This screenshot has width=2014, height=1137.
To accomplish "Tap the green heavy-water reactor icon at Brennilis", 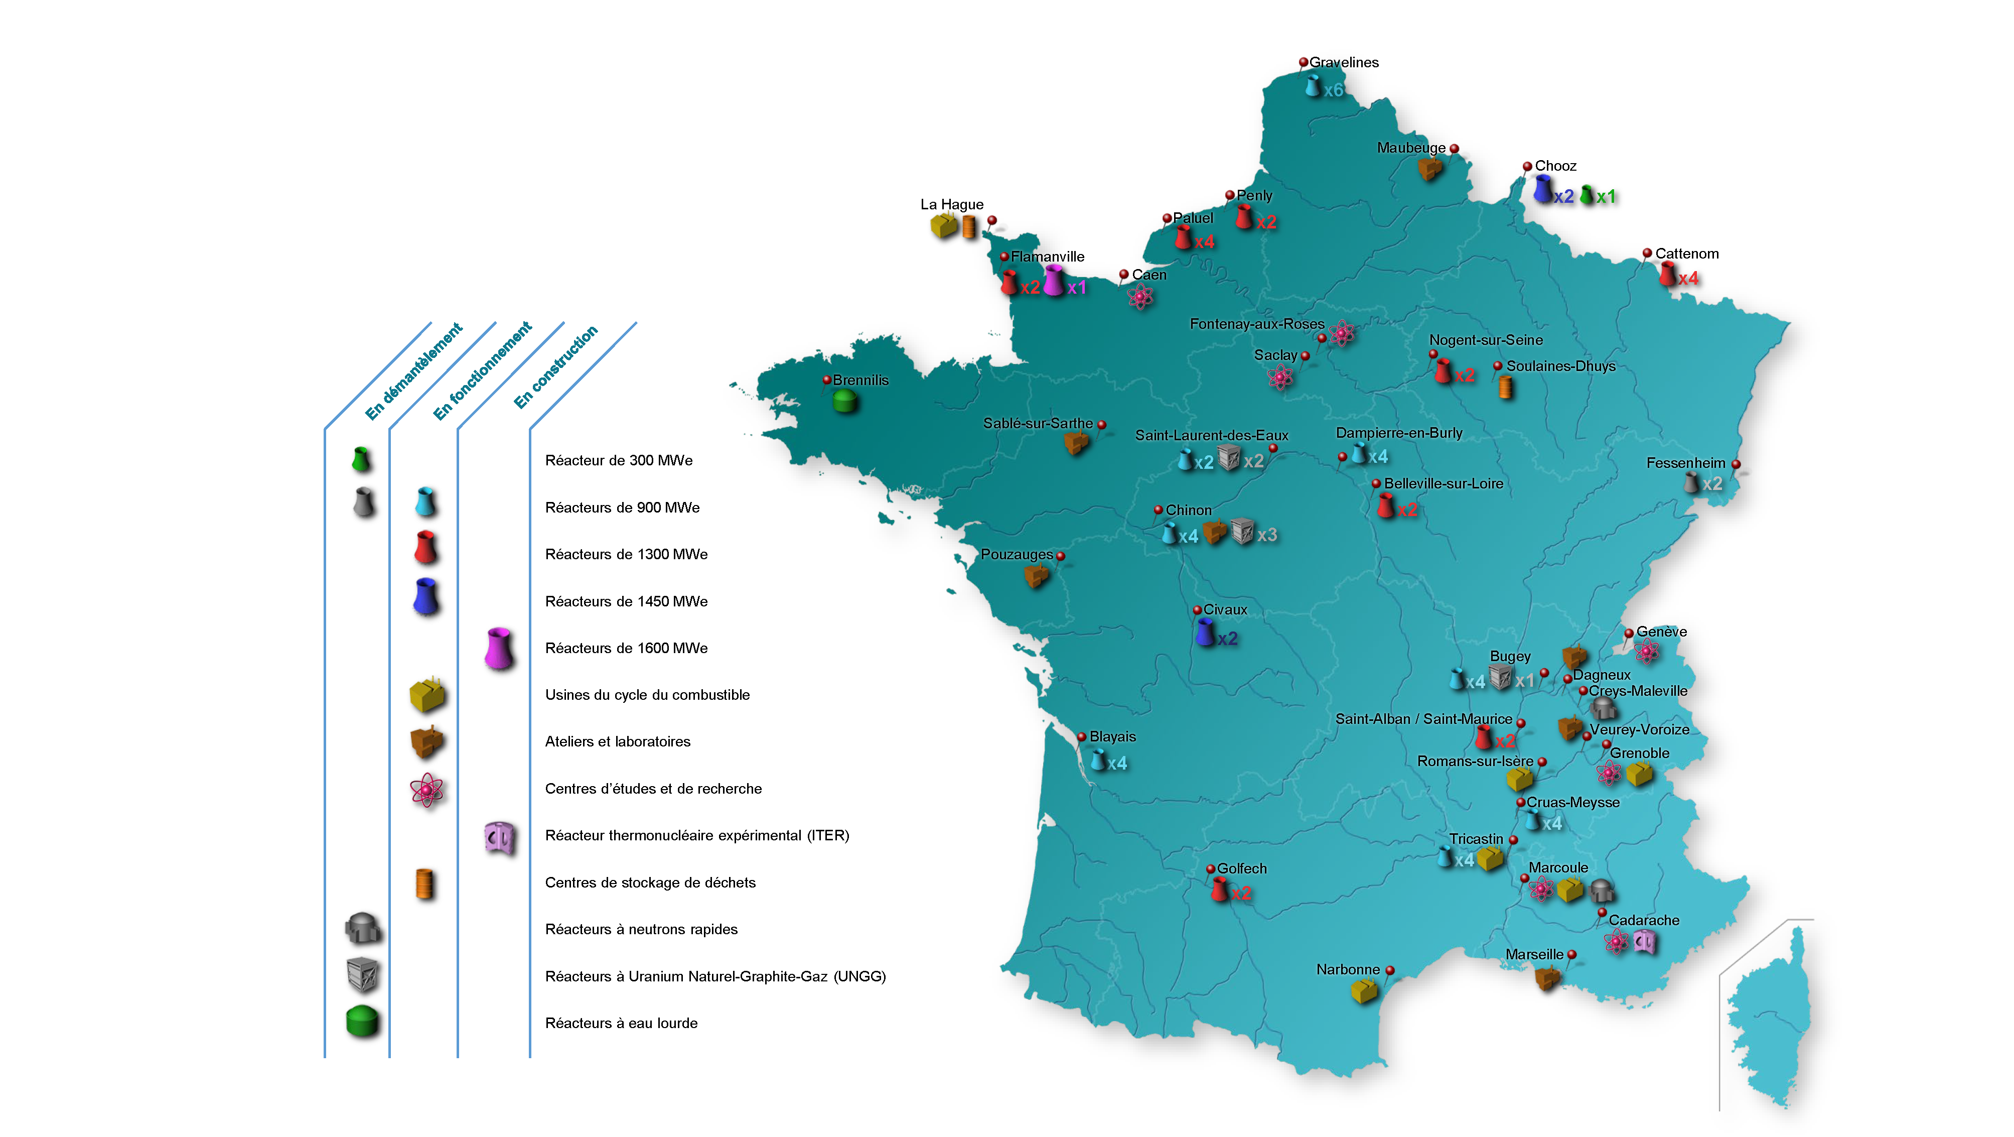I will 844,401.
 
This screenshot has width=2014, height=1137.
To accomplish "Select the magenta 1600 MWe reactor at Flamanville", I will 1054,280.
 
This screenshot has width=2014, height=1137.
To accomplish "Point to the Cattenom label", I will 1686,254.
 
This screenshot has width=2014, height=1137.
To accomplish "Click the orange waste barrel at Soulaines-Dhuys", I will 1505,387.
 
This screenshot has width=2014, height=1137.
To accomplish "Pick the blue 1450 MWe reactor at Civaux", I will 1205,632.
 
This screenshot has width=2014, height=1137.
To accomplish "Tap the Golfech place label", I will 1241,868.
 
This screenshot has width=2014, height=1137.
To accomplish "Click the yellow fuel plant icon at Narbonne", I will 1364,991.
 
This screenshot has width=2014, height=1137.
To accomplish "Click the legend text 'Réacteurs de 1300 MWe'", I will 626,554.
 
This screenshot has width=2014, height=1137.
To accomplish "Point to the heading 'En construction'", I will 556,366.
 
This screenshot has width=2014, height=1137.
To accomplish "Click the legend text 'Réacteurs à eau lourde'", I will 621,1023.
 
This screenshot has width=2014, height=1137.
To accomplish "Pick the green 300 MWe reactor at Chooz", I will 1587,195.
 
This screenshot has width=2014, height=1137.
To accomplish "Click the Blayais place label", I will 1112,736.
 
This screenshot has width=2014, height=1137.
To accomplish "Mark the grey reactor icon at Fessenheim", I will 1691,482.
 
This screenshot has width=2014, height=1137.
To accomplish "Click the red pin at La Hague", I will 991,220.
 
